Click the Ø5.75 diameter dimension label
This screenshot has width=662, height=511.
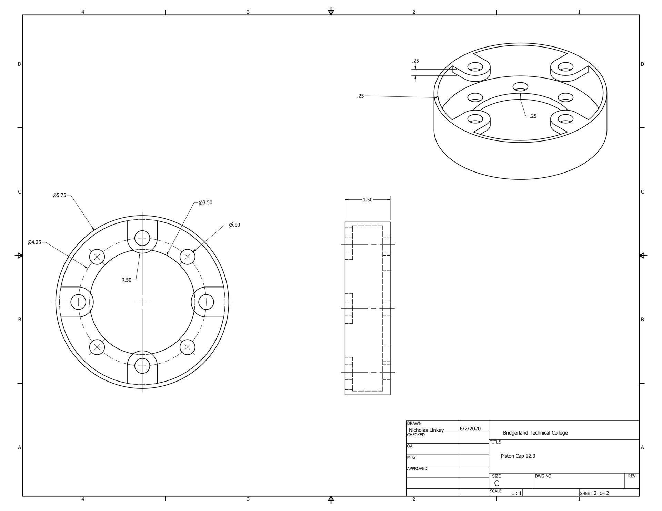click(x=59, y=195)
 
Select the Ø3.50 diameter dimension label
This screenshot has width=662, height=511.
click(x=205, y=202)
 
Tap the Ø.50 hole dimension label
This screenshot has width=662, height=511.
click(x=234, y=225)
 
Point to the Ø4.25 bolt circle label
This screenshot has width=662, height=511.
click(x=34, y=242)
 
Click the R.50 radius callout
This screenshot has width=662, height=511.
click(x=126, y=280)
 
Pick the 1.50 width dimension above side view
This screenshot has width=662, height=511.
click(x=368, y=200)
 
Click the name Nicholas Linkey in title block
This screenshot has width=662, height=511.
click(x=426, y=430)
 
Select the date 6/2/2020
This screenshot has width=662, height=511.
click(x=470, y=429)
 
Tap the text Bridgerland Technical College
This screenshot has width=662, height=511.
click(x=535, y=433)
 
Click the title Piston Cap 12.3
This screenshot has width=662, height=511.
click(x=518, y=456)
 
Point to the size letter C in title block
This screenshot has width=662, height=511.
click(x=496, y=483)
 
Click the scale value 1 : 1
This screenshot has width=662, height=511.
click(x=516, y=493)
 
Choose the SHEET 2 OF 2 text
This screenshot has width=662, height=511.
click(x=594, y=493)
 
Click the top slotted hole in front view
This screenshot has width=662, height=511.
click(x=142, y=238)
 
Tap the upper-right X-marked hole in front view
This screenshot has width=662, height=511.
click(x=188, y=257)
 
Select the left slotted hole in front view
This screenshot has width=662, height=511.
click(x=78, y=302)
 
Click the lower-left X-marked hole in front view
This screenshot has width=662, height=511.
click(x=97, y=347)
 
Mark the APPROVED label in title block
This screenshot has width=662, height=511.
click(x=417, y=468)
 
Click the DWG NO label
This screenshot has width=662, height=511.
click(x=543, y=476)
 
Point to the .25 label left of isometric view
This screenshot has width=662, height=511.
click(x=361, y=96)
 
